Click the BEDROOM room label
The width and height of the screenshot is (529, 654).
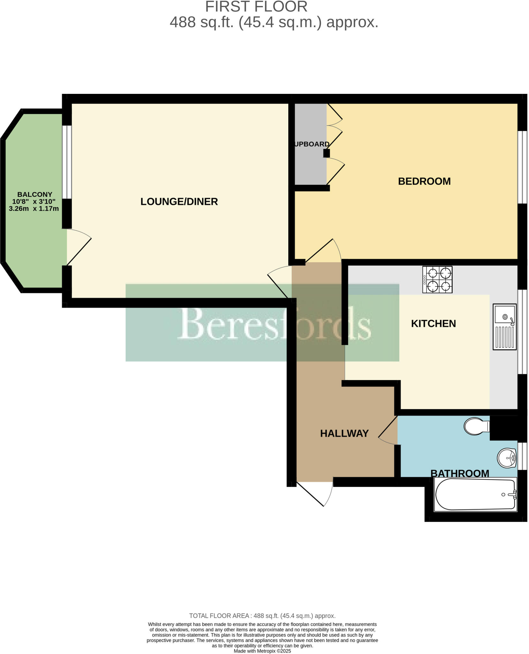coord(424,181)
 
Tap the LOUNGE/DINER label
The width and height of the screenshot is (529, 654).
coord(179,202)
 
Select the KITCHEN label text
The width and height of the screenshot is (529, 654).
coord(433,323)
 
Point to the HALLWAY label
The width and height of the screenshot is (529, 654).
coord(344,433)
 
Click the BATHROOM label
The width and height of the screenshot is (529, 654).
coord(460,473)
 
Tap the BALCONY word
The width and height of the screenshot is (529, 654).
coord(34,194)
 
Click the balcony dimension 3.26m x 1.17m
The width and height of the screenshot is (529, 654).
coord(34,209)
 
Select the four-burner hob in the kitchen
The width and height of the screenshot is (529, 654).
coord(437,279)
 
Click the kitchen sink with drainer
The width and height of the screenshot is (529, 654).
coord(504,326)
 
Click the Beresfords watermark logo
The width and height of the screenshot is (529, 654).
coord(262,323)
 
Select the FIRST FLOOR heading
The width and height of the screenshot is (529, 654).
coord(256,7)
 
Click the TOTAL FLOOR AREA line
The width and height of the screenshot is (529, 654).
coord(262,616)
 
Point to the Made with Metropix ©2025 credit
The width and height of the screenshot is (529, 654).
coord(262,651)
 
